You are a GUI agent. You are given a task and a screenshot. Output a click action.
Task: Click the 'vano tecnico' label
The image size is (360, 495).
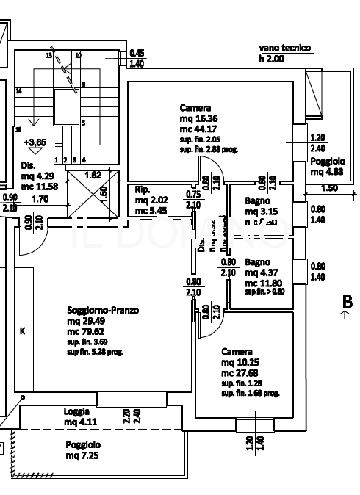tap(284, 48)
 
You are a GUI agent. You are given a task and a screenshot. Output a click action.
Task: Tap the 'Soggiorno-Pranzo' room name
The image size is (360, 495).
tap(103, 311)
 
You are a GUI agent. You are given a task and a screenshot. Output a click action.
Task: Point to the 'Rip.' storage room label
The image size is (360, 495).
tap(142, 189)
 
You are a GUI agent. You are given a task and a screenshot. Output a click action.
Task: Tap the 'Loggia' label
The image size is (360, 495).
tap(76, 411)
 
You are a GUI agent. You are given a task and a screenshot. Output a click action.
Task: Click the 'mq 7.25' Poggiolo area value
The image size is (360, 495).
tap(82, 456)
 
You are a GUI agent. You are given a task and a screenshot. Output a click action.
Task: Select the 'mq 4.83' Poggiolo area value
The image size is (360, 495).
tap(328, 172)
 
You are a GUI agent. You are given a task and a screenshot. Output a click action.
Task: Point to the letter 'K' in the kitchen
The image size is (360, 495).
tap(22, 331)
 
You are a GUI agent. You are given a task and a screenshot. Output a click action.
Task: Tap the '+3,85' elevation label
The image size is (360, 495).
tap(35, 142)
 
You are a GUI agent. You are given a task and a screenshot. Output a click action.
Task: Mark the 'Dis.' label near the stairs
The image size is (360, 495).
tap(27, 165)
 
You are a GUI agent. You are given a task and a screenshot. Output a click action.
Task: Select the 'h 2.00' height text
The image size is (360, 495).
tap(270, 58)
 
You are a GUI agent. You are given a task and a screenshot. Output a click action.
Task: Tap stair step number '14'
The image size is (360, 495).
tap(18, 90)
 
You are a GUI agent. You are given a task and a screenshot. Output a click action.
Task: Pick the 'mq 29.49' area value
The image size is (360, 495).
tap(85, 321)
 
